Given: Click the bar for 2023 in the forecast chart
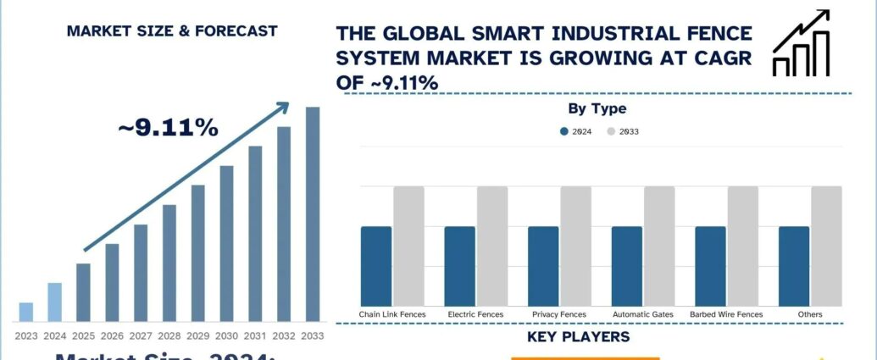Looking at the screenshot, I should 26,313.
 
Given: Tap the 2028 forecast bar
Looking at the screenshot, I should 169,263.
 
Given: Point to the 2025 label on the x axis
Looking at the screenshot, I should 83,335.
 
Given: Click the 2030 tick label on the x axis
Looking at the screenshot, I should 226,335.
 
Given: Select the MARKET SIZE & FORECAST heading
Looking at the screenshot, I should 171,31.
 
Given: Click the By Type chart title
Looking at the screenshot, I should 597,108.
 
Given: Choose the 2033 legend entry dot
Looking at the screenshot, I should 612,131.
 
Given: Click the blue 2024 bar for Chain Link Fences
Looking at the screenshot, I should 376,266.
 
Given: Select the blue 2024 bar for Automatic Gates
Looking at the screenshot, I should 627,266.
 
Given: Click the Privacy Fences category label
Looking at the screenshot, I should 559,314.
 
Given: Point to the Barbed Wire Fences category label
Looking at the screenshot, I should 726,314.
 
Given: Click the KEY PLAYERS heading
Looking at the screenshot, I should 578,337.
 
